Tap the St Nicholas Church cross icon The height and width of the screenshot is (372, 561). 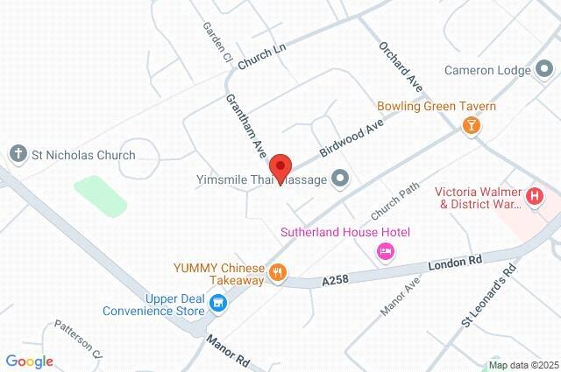18,155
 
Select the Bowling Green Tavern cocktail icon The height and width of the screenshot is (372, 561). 472,125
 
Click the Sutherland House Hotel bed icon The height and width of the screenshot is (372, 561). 384,252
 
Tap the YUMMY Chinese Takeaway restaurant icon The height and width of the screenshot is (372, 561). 277,271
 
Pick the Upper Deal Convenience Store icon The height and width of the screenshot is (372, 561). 219,303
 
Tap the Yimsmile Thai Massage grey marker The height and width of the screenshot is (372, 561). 341,179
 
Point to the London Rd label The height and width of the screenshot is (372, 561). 456,262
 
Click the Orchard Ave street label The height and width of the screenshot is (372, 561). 401,67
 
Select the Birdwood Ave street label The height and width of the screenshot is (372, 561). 352,139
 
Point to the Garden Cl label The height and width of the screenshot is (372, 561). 216,42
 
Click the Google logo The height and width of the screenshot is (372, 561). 29,361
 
